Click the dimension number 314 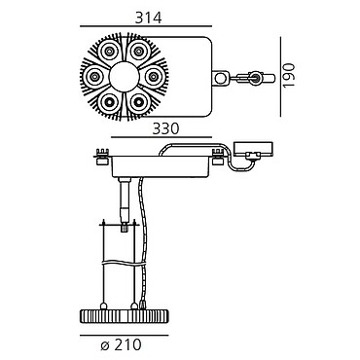[x=148, y=18]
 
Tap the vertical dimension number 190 [x=288, y=75]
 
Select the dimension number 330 [x=165, y=128]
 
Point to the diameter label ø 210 [x=122, y=344]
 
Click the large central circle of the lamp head [x=124, y=77]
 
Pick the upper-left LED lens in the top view [x=109, y=51]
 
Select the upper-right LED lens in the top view [x=138, y=51]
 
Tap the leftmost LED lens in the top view [x=94, y=77]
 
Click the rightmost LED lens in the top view [x=154, y=77]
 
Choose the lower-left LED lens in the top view [x=109, y=102]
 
